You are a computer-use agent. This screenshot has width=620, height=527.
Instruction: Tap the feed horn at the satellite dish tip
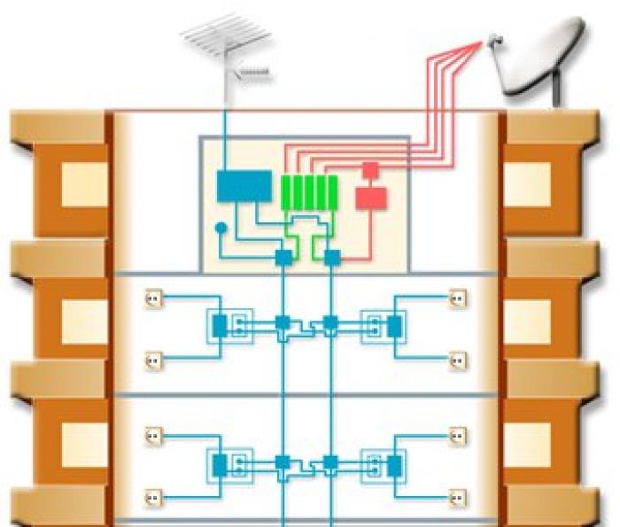tap(493, 38)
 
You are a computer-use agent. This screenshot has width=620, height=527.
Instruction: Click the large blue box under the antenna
tap(244, 186)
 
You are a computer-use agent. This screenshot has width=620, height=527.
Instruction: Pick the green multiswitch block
tap(308, 191)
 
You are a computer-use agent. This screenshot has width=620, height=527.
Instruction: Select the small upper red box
tap(371, 168)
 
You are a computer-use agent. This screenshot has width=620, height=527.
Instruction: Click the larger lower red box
tap(371, 198)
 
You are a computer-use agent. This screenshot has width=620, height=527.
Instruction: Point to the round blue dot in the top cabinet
tap(221, 229)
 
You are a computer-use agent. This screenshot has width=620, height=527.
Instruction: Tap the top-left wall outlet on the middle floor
tap(152, 298)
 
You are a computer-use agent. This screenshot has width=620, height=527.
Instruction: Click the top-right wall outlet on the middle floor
tap(458, 298)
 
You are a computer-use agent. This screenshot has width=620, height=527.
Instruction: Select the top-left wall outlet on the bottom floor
tap(152, 436)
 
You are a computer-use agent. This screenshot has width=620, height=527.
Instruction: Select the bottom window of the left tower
tap(83, 443)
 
